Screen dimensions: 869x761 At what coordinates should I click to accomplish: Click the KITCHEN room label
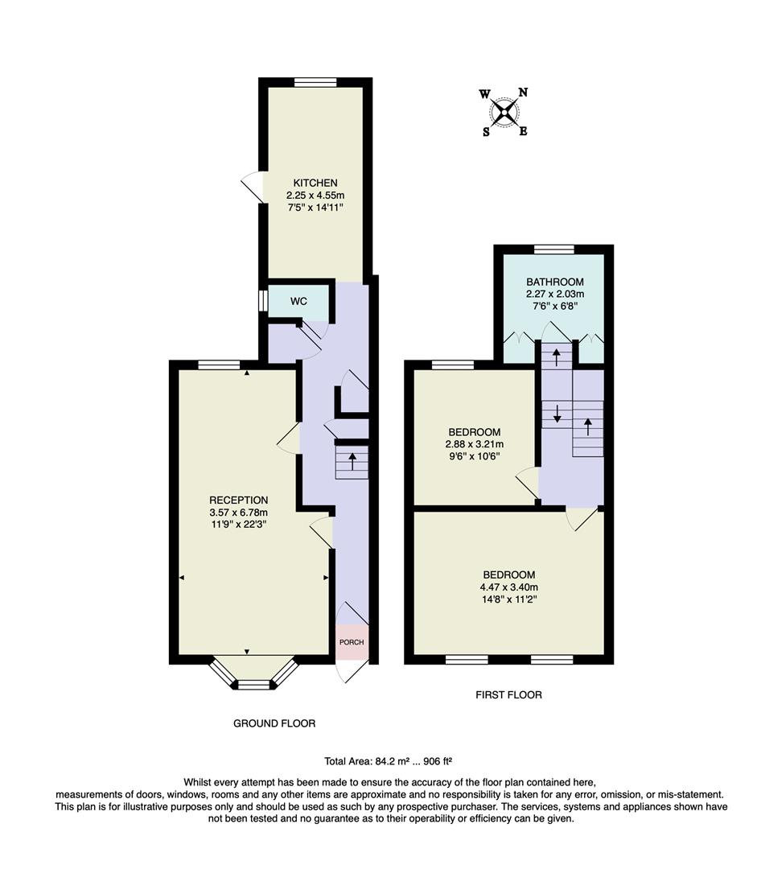(x=315, y=183)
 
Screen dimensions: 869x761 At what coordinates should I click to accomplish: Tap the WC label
(x=298, y=302)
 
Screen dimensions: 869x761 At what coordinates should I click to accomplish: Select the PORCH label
(x=352, y=642)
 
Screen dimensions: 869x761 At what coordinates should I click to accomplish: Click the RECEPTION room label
(x=239, y=500)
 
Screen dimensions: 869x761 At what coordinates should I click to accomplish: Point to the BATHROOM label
(x=554, y=282)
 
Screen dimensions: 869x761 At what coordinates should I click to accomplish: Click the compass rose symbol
(x=505, y=112)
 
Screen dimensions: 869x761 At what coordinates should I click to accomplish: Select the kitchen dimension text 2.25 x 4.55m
(x=315, y=196)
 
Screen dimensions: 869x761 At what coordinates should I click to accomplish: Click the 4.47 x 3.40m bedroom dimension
(x=508, y=587)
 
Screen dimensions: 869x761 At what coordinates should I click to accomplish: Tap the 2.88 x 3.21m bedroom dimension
(x=475, y=443)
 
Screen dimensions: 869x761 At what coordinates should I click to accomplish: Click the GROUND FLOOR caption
(x=274, y=723)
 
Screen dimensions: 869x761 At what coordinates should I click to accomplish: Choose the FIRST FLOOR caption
(x=508, y=694)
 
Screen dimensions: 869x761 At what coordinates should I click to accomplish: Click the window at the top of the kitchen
(x=315, y=81)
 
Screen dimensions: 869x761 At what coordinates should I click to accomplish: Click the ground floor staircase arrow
(x=352, y=462)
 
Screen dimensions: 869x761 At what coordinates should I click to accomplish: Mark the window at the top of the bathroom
(x=554, y=249)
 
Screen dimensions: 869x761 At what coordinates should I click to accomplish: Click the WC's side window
(x=262, y=300)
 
